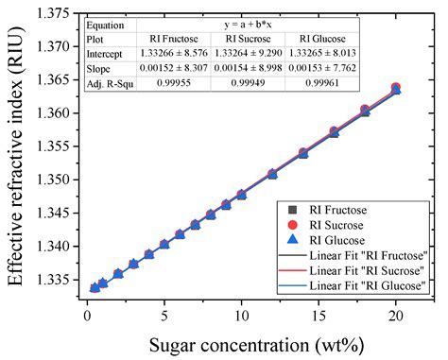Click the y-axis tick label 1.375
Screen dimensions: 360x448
pyautogui.click(x=54, y=12)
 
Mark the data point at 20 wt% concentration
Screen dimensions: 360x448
pyautogui.click(x=396, y=89)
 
